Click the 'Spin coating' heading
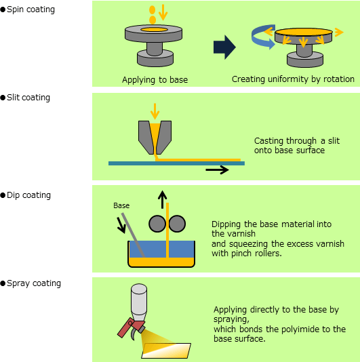(x=31, y=9)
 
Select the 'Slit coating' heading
(x=28, y=98)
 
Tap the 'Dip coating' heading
(x=28, y=195)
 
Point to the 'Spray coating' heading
(x=34, y=283)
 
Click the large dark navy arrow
(x=224, y=47)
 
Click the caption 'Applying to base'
(x=155, y=80)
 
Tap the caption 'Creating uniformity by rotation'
(x=293, y=79)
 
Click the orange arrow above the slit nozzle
(x=155, y=111)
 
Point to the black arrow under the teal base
(x=217, y=170)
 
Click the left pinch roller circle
(x=157, y=224)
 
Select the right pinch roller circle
(x=177, y=224)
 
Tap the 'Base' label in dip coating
(x=121, y=205)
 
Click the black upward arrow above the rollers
(x=162, y=199)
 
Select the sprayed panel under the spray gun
(x=166, y=350)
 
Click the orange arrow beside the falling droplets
(x=163, y=12)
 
